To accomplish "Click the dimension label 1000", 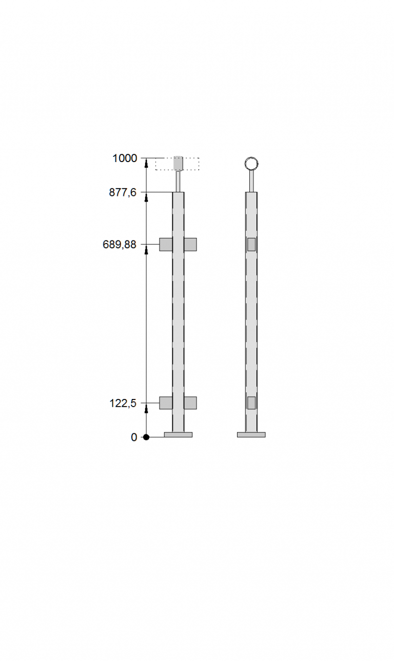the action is coord(125,158).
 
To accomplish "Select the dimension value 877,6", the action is coord(123,193).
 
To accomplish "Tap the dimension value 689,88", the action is coord(120,245).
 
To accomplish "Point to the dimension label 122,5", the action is coord(123,403).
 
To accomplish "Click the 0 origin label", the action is coord(134,437).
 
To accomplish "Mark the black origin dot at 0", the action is coord(146,437).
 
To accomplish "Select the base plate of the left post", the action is coord(178,435).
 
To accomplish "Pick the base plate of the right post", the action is coord(251,435).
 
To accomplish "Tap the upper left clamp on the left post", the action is coord(166,245).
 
